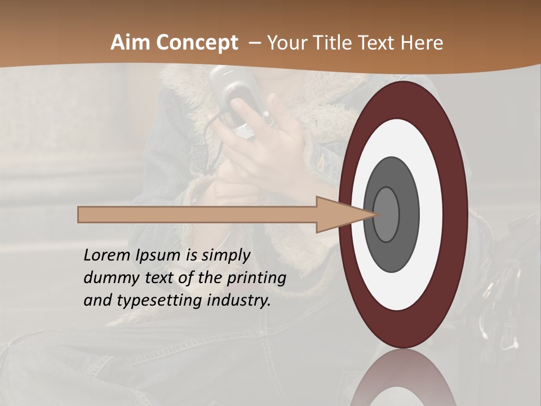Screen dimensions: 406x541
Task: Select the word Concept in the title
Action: point(198,43)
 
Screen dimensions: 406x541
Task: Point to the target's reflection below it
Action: point(403,381)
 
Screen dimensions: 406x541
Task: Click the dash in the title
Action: point(255,43)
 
